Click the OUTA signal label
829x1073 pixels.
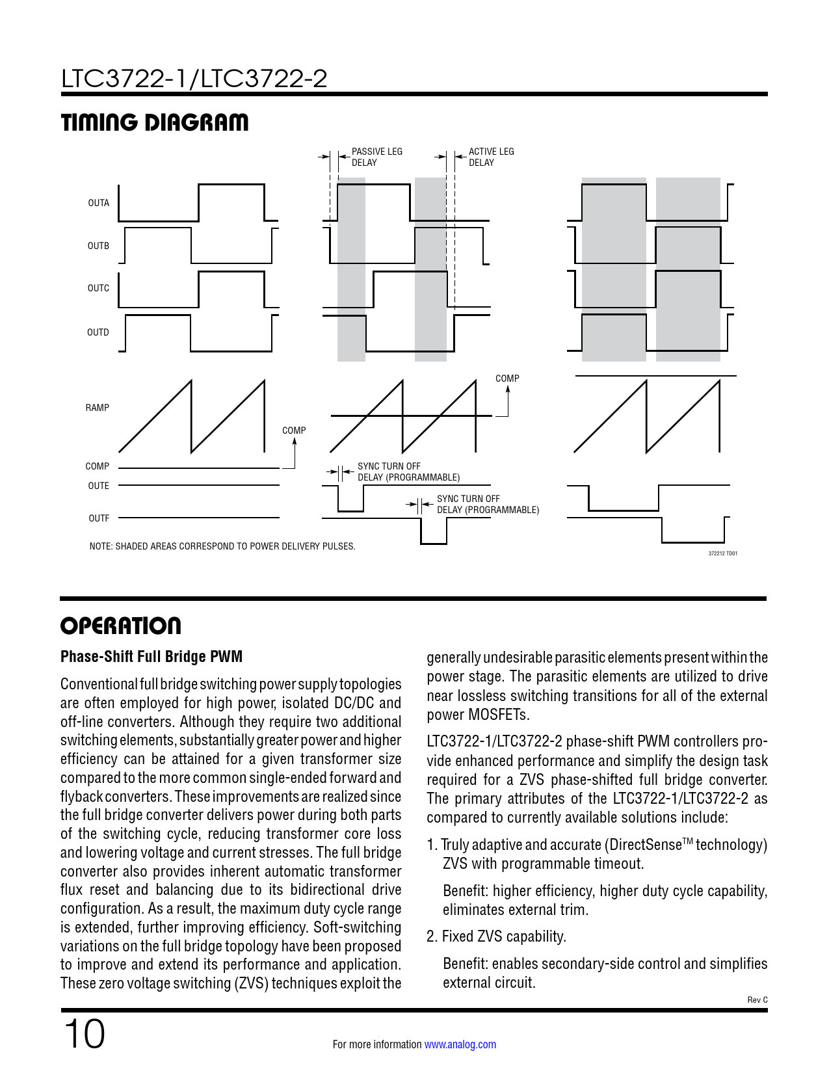tap(98, 203)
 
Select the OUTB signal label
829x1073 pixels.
tap(98, 246)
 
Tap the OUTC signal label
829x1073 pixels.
tap(98, 288)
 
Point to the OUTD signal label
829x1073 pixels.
tap(98, 332)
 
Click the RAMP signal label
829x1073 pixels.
tap(97, 408)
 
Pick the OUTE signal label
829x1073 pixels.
tap(98, 486)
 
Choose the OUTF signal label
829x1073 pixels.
tap(99, 518)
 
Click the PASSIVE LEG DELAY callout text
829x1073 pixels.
tap(376, 157)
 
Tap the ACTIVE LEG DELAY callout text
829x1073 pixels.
tap(491, 157)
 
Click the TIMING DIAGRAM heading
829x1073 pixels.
tap(155, 122)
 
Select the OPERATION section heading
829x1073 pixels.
tap(121, 626)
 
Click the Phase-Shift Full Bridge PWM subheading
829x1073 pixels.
tap(151, 657)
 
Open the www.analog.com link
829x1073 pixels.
tap(460, 1044)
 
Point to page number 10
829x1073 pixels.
tap(84, 1035)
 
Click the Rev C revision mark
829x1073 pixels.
tap(757, 1000)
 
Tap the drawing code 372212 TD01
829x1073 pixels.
tap(722, 553)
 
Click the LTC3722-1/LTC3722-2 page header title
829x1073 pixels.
tap(194, 79)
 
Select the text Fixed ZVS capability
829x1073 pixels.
tap(504, 936)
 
